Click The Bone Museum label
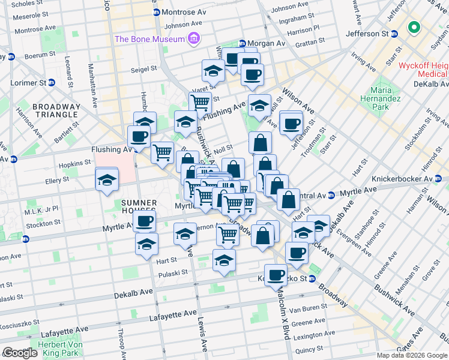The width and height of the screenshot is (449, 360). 149,40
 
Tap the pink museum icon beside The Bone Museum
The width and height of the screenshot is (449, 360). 193,40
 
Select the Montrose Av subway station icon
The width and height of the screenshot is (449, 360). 157,12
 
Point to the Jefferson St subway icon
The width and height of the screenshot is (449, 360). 394,34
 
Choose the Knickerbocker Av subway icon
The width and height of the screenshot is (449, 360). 438,179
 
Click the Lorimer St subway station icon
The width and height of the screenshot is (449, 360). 52,82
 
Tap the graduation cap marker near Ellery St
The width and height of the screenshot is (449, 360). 107,179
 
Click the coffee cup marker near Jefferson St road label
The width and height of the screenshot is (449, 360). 292,124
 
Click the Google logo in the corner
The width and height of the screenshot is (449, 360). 19,353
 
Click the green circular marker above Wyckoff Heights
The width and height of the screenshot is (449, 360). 413,28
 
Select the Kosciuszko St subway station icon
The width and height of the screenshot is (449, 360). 312,279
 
